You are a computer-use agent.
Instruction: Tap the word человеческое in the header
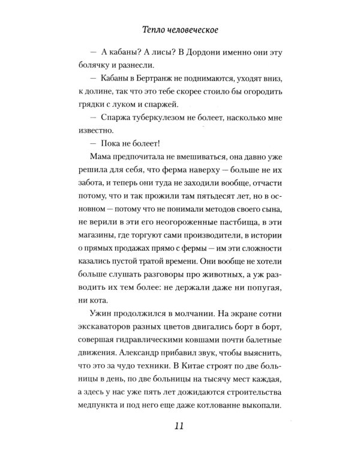pyautogui.click(x=195, y=27)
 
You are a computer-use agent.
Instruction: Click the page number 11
pyautogui.click(x=180, y=427)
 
